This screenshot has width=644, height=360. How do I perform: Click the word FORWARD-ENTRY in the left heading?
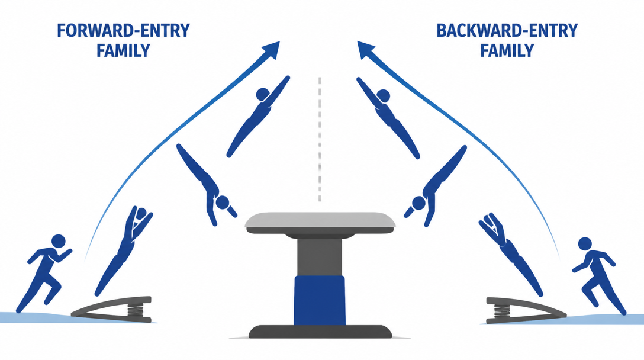pos(123,31)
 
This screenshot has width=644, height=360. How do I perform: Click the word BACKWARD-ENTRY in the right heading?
pos(507,31)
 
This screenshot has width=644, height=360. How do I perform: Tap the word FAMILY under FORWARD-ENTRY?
pos(123,50)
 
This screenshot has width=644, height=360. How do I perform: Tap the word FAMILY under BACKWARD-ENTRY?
pos(507,50)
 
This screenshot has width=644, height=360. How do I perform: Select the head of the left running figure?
pos(59,241)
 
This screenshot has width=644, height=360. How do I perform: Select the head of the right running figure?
pos(585,244)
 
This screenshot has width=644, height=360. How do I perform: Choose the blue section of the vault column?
pos(320,300)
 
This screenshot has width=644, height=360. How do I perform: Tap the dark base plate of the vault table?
pos(320,332)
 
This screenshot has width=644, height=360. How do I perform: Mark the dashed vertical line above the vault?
pos(320,139)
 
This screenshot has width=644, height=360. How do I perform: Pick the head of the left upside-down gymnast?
pos(223,202)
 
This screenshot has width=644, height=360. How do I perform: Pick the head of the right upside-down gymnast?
pos(419,203)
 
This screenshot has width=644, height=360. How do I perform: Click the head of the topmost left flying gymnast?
pos(262,95)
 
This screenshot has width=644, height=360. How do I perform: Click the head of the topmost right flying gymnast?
pos(383,96)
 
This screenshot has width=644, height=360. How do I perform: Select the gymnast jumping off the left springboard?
pos(124,250)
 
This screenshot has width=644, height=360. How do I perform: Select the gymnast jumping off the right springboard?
pos(510,254)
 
